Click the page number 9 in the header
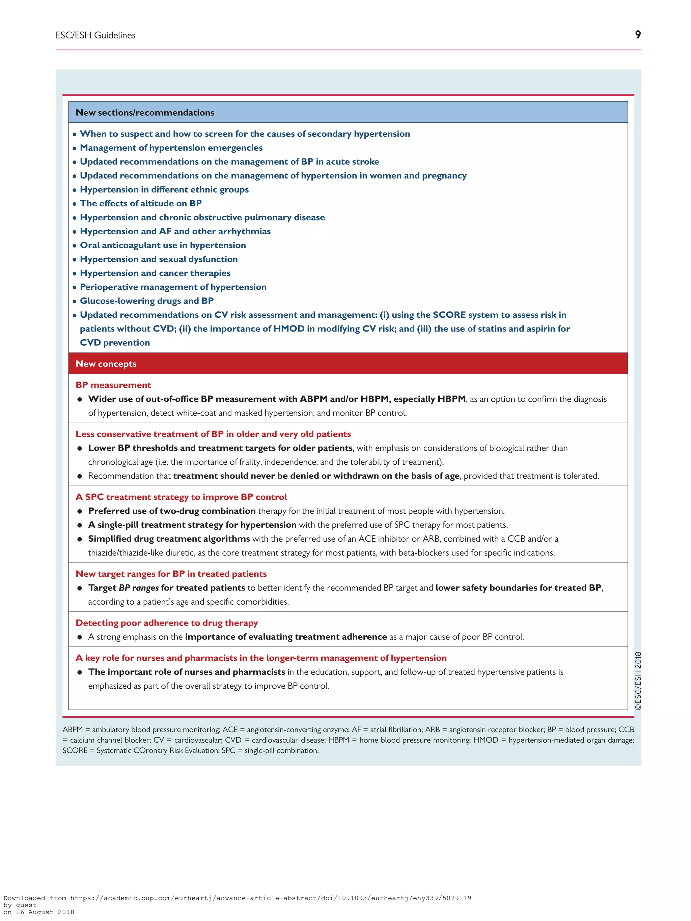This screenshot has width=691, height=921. point(637,35)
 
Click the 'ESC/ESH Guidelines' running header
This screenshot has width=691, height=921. point(95,35)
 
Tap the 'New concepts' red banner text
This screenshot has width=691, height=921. point(106,364)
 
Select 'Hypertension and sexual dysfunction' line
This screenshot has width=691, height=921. point(159,259)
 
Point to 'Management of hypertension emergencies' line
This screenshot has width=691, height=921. point(171,148)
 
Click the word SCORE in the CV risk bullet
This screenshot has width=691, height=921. point(449,315)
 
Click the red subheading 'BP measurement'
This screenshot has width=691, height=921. point(113,385)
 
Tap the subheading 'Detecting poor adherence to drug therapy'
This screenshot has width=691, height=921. point(167,623)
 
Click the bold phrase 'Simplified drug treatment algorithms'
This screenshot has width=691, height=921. point(169,539)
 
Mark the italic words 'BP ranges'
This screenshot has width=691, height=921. point(139,588)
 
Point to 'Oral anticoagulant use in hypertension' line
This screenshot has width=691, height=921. point(163,245)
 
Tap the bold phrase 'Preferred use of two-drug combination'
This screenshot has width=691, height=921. point(172,511)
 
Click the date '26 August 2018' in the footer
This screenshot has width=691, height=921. point(45,912)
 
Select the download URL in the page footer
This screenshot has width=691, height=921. point(270,898)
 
